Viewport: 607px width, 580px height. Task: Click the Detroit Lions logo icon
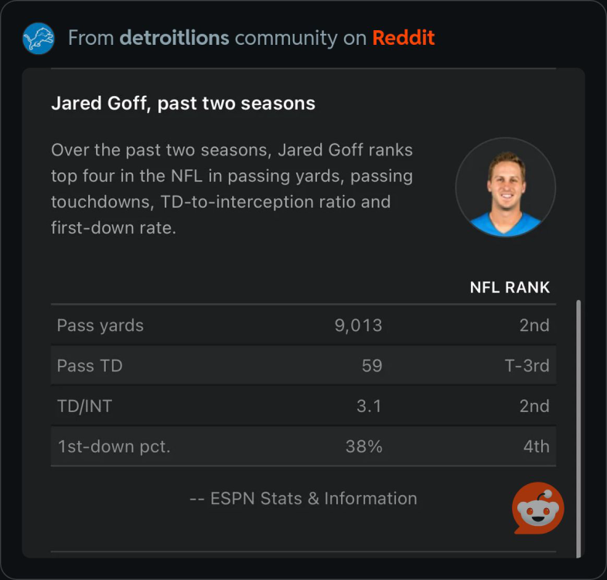(x=39, y=38)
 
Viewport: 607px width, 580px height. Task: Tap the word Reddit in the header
(x=403, y=38)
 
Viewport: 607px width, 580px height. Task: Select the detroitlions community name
(x=174, y=38)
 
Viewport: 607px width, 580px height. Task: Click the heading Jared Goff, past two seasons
(x=183, y=103)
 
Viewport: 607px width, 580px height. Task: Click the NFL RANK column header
(x=510, y=288)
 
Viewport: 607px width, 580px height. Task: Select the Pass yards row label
(x=101, y=326)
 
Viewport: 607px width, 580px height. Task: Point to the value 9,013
(x=358, y=326)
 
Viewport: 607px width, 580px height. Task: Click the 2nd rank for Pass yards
(x=534, y=326)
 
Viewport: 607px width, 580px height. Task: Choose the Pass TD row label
(x=90, y=366)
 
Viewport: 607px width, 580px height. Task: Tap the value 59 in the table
(x=372, y=366)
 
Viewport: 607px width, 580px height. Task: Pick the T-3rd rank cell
(x=527, y=366)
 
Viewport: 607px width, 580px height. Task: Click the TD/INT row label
(x=84, y=406)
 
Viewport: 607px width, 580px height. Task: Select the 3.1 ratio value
(x=368, y=406)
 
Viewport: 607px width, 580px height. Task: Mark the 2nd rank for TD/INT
(x=534, y=406)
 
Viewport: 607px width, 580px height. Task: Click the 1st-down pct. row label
(x=114, y=446)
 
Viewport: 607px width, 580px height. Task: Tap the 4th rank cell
(x=536, y=446)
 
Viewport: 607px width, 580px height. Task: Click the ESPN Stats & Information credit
(x=303, y=499)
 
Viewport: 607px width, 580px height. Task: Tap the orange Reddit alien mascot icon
(x=538, y=509)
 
